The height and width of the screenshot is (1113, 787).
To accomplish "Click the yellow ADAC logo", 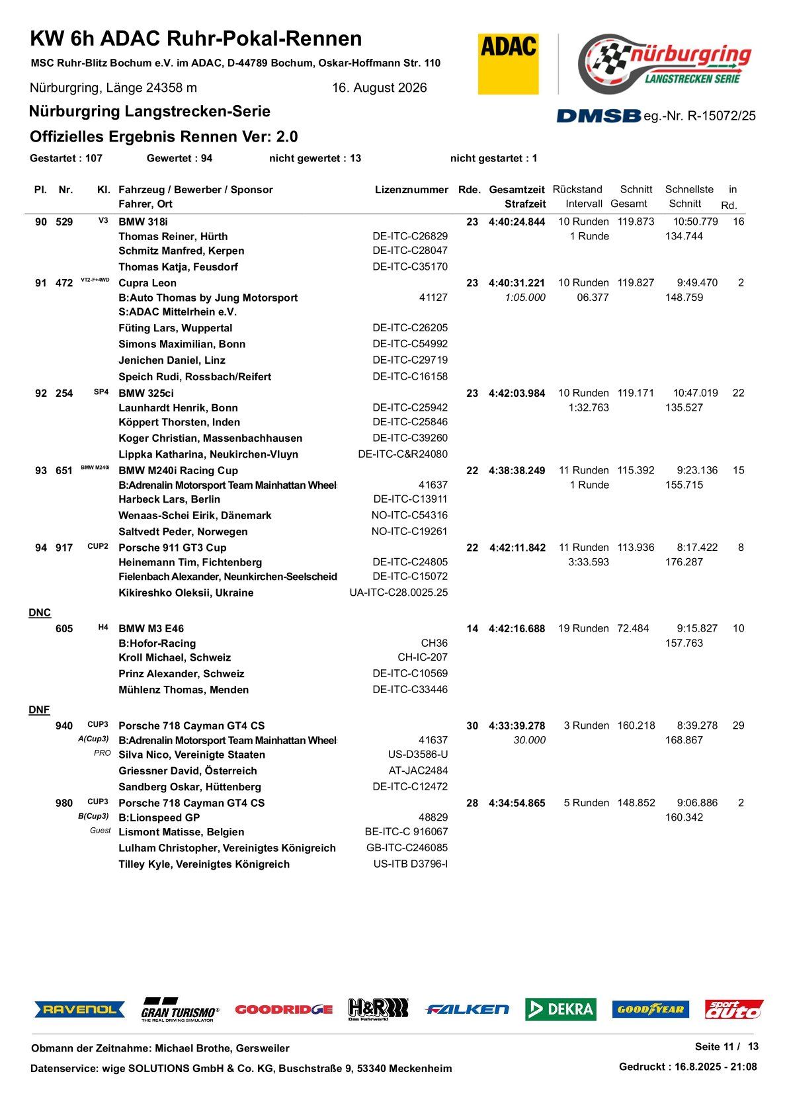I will click(x=508, y=63).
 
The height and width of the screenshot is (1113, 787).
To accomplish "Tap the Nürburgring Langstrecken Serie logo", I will click(x=665, y=63).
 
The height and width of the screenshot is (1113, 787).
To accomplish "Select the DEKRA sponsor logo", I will click(x=560, y=1009).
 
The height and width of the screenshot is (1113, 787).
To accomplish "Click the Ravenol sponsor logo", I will click(x=79, y=1009).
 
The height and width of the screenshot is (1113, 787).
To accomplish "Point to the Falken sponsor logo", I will click(x=467, y=1009).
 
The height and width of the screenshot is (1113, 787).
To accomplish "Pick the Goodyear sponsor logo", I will click(x=650, y=1009).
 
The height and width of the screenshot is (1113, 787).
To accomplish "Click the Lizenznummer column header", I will click(x=411, y=190).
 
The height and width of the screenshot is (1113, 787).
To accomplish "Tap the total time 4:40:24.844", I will click(x=517, y=222).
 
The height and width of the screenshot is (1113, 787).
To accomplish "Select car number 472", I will click(x=64, y=283).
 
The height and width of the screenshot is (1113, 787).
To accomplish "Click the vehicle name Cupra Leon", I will click(x=147, y=283).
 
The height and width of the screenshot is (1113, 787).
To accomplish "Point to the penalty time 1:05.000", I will click(x=525, y=298).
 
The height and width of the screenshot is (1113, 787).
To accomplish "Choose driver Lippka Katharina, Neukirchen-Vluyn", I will click(x=208, y=454).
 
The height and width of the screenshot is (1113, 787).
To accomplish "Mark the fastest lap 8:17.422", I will click(x=697, y=548).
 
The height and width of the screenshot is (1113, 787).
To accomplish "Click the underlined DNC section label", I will click(x=40, y=613).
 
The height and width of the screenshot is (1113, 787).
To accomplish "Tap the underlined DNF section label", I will click(x=39, y=710).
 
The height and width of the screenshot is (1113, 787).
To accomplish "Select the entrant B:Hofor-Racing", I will click(x=157, y=643).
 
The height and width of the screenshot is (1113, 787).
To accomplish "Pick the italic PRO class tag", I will click(x=103, y=753).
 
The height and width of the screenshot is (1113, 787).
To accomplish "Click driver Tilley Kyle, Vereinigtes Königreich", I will click(x=204, y=864).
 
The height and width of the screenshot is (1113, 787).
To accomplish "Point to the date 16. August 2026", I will click(x=379, y=88).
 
